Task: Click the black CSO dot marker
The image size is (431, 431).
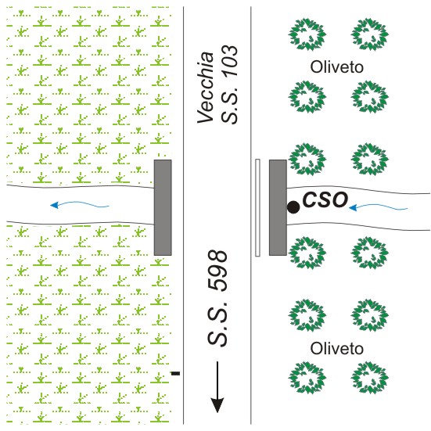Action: [293, 207]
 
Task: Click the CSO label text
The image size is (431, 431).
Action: [325, 199]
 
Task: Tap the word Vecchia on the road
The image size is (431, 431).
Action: [206, 88]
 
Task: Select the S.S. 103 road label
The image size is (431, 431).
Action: [229, 84]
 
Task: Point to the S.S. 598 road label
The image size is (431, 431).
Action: [217, 298]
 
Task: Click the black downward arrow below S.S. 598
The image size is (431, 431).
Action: [217, 387]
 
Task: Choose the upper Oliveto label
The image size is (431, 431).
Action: [336, 67]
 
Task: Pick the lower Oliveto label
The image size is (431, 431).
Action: [336, 349]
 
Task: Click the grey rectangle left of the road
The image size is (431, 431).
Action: [163, 207]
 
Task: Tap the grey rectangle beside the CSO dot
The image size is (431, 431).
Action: [278, 207]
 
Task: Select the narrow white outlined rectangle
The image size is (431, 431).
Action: [257, 207]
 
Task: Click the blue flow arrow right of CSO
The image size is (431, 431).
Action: [378, 207]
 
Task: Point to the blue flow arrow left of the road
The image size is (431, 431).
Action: [80, 205]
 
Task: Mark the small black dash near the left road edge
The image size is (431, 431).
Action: [176, 373]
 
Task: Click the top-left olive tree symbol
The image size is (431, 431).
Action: [307, 34]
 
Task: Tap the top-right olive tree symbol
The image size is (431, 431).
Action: [370, 34]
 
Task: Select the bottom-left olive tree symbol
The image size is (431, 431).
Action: [307, 378]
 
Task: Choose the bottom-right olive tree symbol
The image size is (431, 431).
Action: [370, 378]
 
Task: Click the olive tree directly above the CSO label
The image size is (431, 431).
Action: [307, 160]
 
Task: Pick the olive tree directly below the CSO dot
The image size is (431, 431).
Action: [307, 253]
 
